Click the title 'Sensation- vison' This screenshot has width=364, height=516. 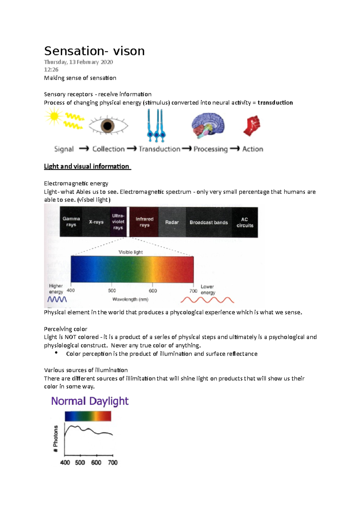point(94,51)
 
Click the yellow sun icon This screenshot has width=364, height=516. point(54,116)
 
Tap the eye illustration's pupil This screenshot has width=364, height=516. point(108,126)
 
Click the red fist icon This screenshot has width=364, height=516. point(252,126)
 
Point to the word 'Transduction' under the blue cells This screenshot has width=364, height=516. point(160,149)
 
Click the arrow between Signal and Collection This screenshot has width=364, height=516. point(84,149)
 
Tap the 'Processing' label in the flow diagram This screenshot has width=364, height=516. point(211,149)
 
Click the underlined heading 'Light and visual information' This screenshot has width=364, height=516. point(87,166)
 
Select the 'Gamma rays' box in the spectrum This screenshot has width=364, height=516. point(71,222)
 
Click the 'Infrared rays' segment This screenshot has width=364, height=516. point(144,222)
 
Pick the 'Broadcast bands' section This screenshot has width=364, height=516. point(209,222)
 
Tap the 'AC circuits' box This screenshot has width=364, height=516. point(245,222)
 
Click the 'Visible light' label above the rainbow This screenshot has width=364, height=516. point(130,252)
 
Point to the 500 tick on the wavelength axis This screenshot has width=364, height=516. point(112,291)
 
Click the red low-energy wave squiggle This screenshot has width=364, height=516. point(207,300)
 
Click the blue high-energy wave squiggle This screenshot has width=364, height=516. point(57,300)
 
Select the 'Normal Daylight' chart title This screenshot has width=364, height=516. point(90,401)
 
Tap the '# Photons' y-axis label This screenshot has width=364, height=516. point(56,438)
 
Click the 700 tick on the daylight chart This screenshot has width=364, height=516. point(113,462)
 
